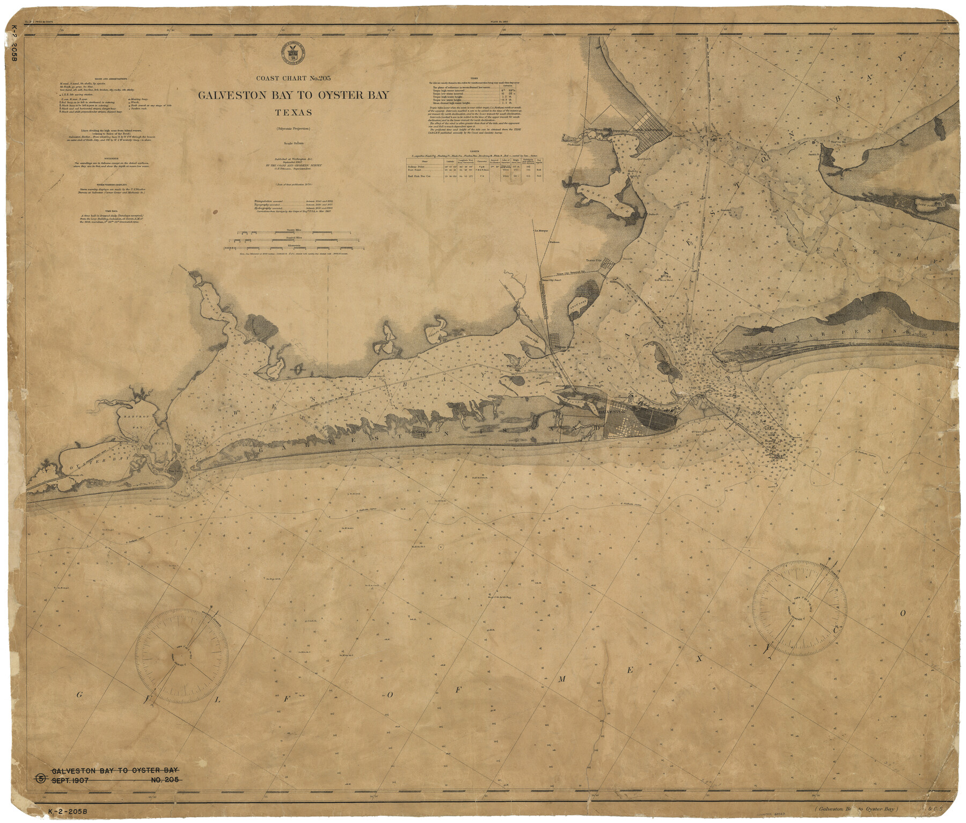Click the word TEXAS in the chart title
[x=293, y=113]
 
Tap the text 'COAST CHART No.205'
[x=293, y=78]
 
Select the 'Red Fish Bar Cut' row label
[x=419, y=176]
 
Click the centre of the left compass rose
[x=177, y=657]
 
